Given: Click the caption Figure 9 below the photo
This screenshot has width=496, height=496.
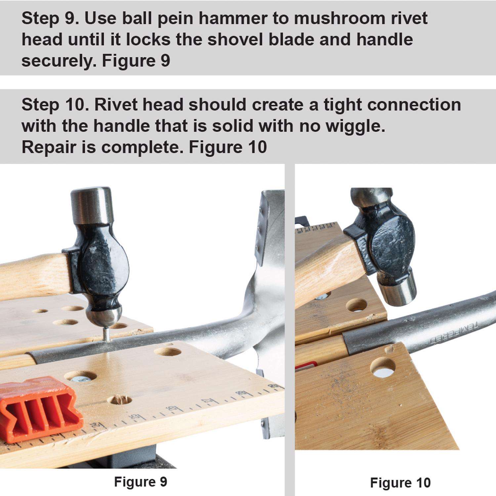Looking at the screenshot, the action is [141, 481].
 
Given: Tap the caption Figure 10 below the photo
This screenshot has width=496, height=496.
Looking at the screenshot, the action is [400, 482].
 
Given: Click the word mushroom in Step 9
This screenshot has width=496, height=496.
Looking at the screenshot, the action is [336, 18].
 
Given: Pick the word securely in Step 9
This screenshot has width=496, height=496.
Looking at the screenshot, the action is [59, 61].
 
